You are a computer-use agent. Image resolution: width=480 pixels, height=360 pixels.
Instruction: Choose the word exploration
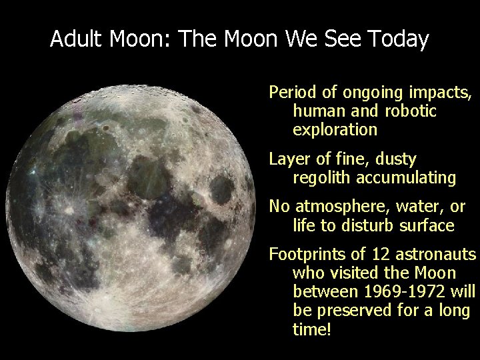(x=335, y=129)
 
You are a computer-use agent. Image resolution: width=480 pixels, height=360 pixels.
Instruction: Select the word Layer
(x=287, y=159)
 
